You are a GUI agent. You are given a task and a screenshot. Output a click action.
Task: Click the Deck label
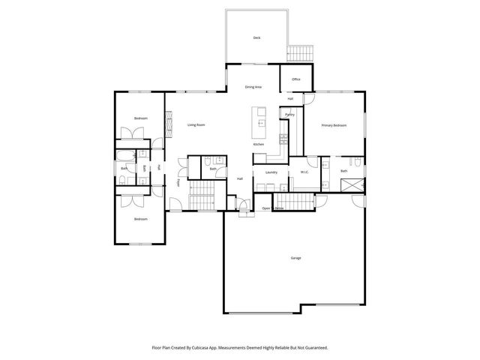tap(256, 37)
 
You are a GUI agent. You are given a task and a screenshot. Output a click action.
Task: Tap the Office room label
tap(295, 79)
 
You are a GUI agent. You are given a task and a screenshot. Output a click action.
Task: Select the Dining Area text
tap(253, 87)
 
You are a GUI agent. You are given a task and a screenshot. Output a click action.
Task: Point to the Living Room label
tap(196, 124)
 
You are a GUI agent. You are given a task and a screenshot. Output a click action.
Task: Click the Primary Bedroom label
tap(334, 124)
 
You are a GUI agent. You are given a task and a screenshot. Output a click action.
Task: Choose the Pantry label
tap(289, 115)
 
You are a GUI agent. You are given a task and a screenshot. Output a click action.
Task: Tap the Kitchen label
tap(259, 144)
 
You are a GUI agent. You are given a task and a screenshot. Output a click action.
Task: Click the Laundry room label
tap(271, 172)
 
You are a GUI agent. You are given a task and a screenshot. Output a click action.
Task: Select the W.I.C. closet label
tap(304, 172)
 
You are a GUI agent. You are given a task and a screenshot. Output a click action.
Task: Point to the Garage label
tap(295, 258)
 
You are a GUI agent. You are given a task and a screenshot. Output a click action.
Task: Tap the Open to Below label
tap(272, 208)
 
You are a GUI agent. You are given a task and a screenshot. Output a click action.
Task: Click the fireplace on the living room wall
tap(168, 120)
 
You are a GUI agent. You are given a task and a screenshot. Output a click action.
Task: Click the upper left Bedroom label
tap(141, 118)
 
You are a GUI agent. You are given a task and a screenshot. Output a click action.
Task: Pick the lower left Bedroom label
tap(141, 219)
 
